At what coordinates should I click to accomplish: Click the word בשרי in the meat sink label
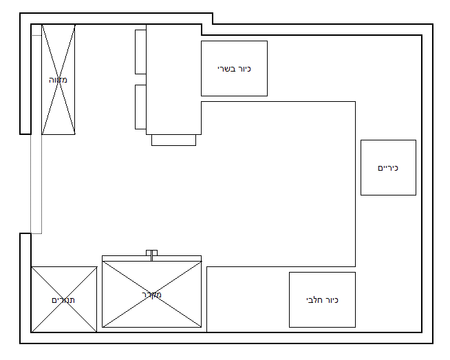point(226,69)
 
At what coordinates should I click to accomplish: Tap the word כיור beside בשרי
point(244,69)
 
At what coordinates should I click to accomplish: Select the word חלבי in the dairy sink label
point(314,300)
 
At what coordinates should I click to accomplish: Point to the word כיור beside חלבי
point(332,300)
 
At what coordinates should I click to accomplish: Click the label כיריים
point(388,168)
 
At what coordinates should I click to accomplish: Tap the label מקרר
point(151,295)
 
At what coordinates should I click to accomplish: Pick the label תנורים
point(63,300)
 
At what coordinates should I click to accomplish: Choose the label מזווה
point(58,80)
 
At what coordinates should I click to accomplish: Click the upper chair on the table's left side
point(140,52)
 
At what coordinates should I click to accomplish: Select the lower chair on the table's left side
point(140,107)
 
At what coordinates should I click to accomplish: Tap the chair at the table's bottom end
point(173,140)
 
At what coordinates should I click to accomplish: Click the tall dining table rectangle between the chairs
point(173,80)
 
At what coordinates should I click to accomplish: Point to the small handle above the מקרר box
point(151,253)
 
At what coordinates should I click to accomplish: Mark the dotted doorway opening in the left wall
point(36,184)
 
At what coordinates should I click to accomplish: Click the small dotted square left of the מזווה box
point(36,30)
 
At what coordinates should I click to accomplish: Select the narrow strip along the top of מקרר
point(151,258)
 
